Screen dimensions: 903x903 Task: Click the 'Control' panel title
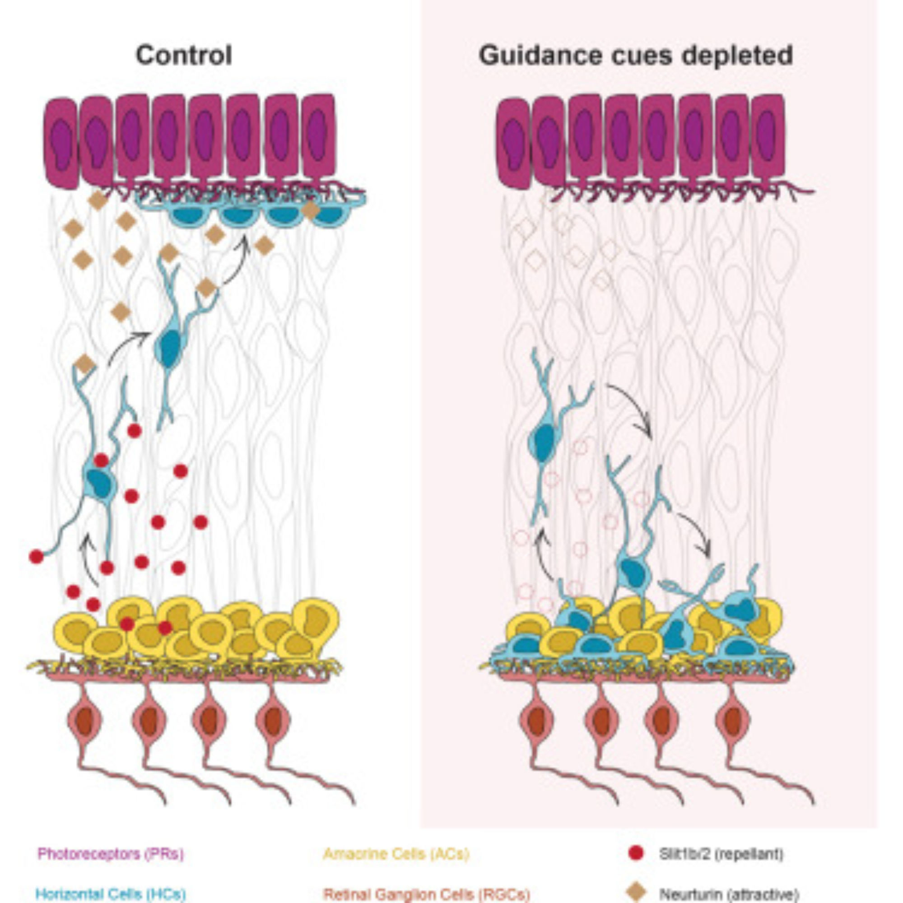tap(184, 55)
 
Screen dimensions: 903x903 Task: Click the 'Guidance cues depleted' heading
tap(635, 55)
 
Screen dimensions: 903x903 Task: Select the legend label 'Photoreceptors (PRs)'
tap(111, 853)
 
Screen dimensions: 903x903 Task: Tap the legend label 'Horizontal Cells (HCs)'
tap(111, 894)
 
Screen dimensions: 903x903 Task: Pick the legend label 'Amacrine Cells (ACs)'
tap(396, 853)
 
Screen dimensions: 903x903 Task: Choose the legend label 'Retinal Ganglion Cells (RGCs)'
tap(427, 894)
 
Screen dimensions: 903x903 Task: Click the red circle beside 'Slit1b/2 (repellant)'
tap(636, 853)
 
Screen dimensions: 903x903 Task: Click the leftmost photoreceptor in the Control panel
tap(61, 143)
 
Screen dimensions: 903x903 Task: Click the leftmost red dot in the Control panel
tap(37, 556)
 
